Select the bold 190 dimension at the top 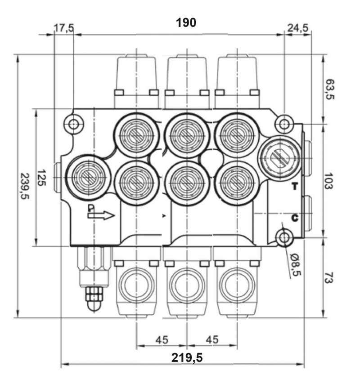pyautogui.click(x=186, y=23)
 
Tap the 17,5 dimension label pyautogui.click(x=64, y=28)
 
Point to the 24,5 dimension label pyautogui.click(x=298, y=28)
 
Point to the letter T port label pyautogui.click(x=295, y=186)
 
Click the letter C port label pyautogui.click(x=295, y=218)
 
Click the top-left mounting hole pyautogui.click(x=73, y=123)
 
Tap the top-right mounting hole pyautogui.click(x=284, y=123)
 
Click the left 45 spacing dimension pyautogui.click(x=162, y=339)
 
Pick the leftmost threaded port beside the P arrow pyautogui.click(x=88, y=177)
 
